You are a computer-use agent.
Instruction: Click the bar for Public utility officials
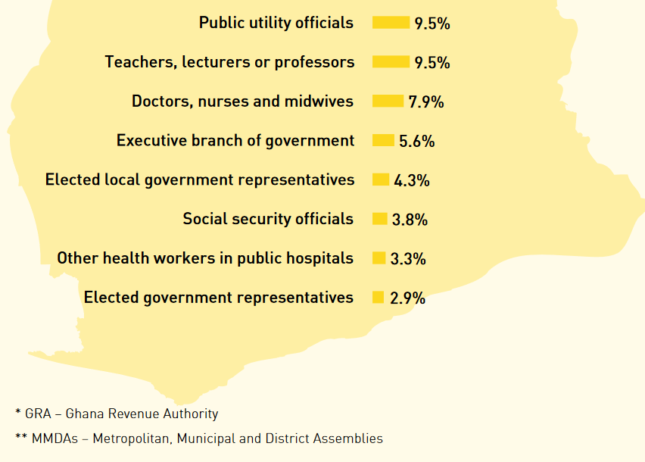coord(391,23)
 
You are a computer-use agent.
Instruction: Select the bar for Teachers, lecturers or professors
coord(391,62)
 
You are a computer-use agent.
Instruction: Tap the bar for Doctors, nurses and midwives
coord(388,101)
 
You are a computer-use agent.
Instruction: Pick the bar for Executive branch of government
coord(383,141)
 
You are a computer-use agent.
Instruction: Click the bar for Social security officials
coord(380,219)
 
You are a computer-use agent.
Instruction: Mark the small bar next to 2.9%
coord(378,298)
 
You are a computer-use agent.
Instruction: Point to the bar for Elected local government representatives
coord(381,180)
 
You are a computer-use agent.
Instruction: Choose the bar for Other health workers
coord(379,258)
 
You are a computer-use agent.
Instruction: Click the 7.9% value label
coord(426,101)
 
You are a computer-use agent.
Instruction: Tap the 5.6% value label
coord(417,141)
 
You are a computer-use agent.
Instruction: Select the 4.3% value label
coord(412,180)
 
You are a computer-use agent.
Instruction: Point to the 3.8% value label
coord(410,220)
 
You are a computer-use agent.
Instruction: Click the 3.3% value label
coord(408,259)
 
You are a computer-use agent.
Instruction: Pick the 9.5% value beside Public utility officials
coord(432,23)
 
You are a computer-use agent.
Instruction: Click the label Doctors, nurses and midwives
coord(242,101)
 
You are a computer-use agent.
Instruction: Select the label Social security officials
coord(268,219)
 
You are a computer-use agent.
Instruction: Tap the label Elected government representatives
coord(219,298)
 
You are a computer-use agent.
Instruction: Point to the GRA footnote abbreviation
coord(36,414)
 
